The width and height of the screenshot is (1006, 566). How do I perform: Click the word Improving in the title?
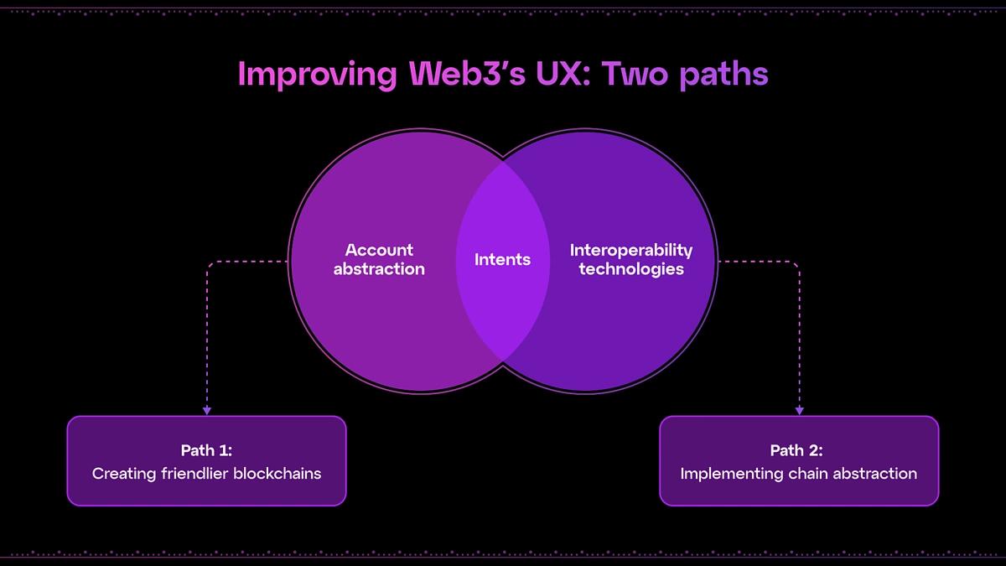pyautogui.click(x=317, y=75)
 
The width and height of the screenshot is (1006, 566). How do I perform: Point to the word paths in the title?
pyautogui.click(x=723, y=75)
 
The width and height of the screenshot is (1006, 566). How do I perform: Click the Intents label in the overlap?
pyautogui.click(x=502, y=260)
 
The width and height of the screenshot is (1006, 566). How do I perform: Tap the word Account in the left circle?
pyautogui.click(x=379, y=250)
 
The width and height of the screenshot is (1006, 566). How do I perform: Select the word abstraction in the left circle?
pyautogui.click(x=379, y=269)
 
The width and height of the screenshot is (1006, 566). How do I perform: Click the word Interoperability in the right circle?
pyautogui.click(x=631, y=250)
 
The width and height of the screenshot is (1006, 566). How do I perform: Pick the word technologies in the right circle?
pyautogui.click(x=631, y=269)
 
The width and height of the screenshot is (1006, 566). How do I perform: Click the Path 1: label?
pyautogui.click(x=206, y=451)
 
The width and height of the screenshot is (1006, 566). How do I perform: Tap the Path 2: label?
pyautogui.click(x=798, y=451)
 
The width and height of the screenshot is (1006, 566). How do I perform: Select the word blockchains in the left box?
pyautogui.click(x=277, y=474)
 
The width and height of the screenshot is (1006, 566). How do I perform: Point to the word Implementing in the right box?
pyautogui.click(x=731, y=474)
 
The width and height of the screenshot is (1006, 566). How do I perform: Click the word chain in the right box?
pyautogui.click(x=806, y=474)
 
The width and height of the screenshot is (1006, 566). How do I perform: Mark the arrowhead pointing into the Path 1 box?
pyautogui.click(x=207, y=410)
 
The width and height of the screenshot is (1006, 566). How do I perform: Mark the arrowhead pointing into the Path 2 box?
pyautogui.click(x=799, y=410)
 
